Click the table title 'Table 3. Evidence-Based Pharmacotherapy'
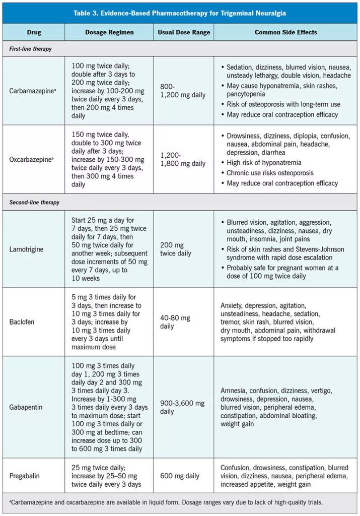(180, 13)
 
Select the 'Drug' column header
(34, 32)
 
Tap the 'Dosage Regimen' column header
(109, 32)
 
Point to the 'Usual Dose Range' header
(183, 32)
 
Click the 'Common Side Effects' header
(285, 32)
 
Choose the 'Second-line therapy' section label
(35, 202)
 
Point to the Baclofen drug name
(22, 321)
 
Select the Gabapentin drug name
(25, 407)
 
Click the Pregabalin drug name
(25, 476)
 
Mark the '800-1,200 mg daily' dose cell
(183, 91)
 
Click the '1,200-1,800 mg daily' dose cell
(183, 159)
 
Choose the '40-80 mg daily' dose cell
(175, 322)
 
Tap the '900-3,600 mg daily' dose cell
(182, 407)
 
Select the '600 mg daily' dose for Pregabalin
(180, 476)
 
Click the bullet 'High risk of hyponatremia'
(264, 162)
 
